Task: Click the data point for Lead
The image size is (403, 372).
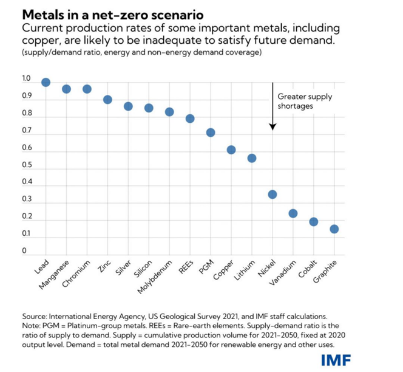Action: pos(46,83)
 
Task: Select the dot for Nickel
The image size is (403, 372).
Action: pos(273,195)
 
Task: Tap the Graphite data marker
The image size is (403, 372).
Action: pos(334,229)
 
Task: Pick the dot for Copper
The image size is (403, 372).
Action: pos(231,150)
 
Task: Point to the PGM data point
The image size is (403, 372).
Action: pos(211,133)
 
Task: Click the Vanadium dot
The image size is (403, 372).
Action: pos(293,213)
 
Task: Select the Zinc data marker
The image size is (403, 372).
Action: pos(107,100)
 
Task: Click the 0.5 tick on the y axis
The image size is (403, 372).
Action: pos(26,165)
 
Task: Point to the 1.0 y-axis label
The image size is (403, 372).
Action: pos(26,78)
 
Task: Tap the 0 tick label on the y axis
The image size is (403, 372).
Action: pos(24,250)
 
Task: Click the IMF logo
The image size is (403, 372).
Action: pos(336,360)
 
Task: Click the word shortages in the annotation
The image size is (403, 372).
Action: pos(295,106)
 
